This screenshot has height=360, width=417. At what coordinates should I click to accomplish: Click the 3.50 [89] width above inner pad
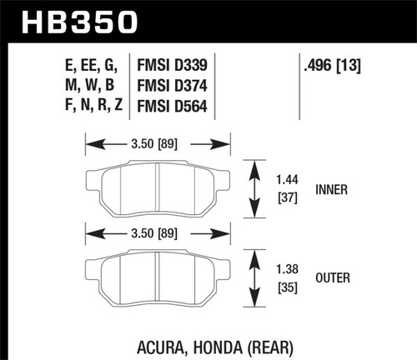point(158,142)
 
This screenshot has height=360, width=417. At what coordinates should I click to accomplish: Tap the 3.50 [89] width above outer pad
point(158,234)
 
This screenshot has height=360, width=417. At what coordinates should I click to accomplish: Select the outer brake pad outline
point(158,279)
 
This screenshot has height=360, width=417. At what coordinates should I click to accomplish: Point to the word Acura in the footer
point(156,342)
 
